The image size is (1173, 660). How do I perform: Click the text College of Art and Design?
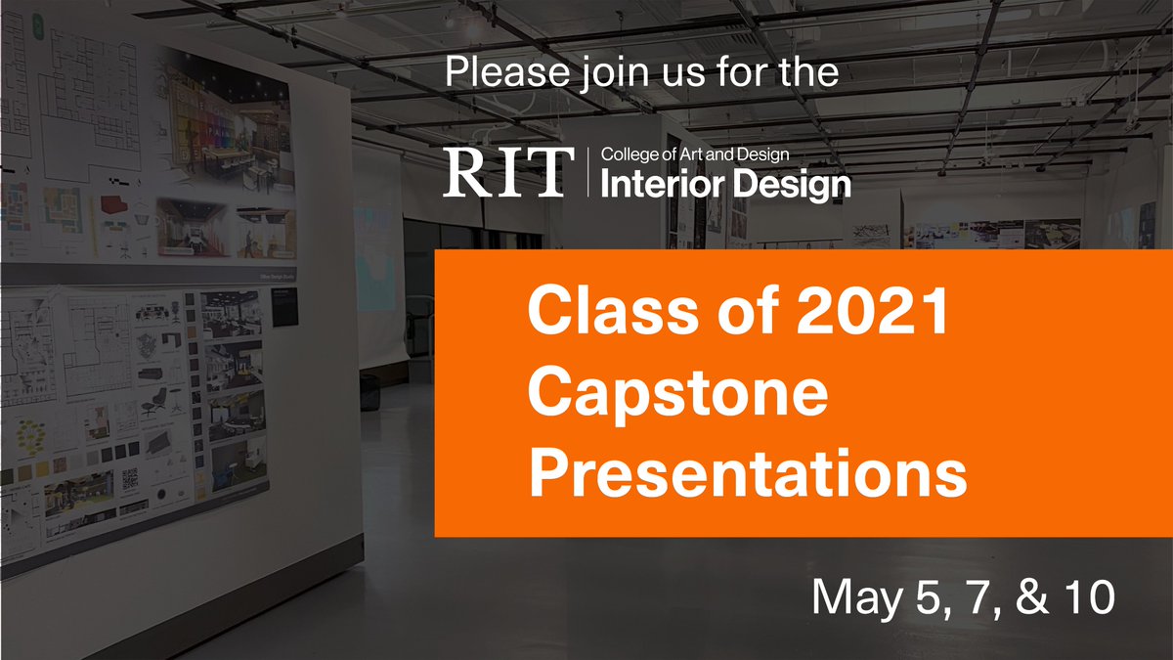695,154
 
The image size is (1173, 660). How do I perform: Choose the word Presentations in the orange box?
747,475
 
